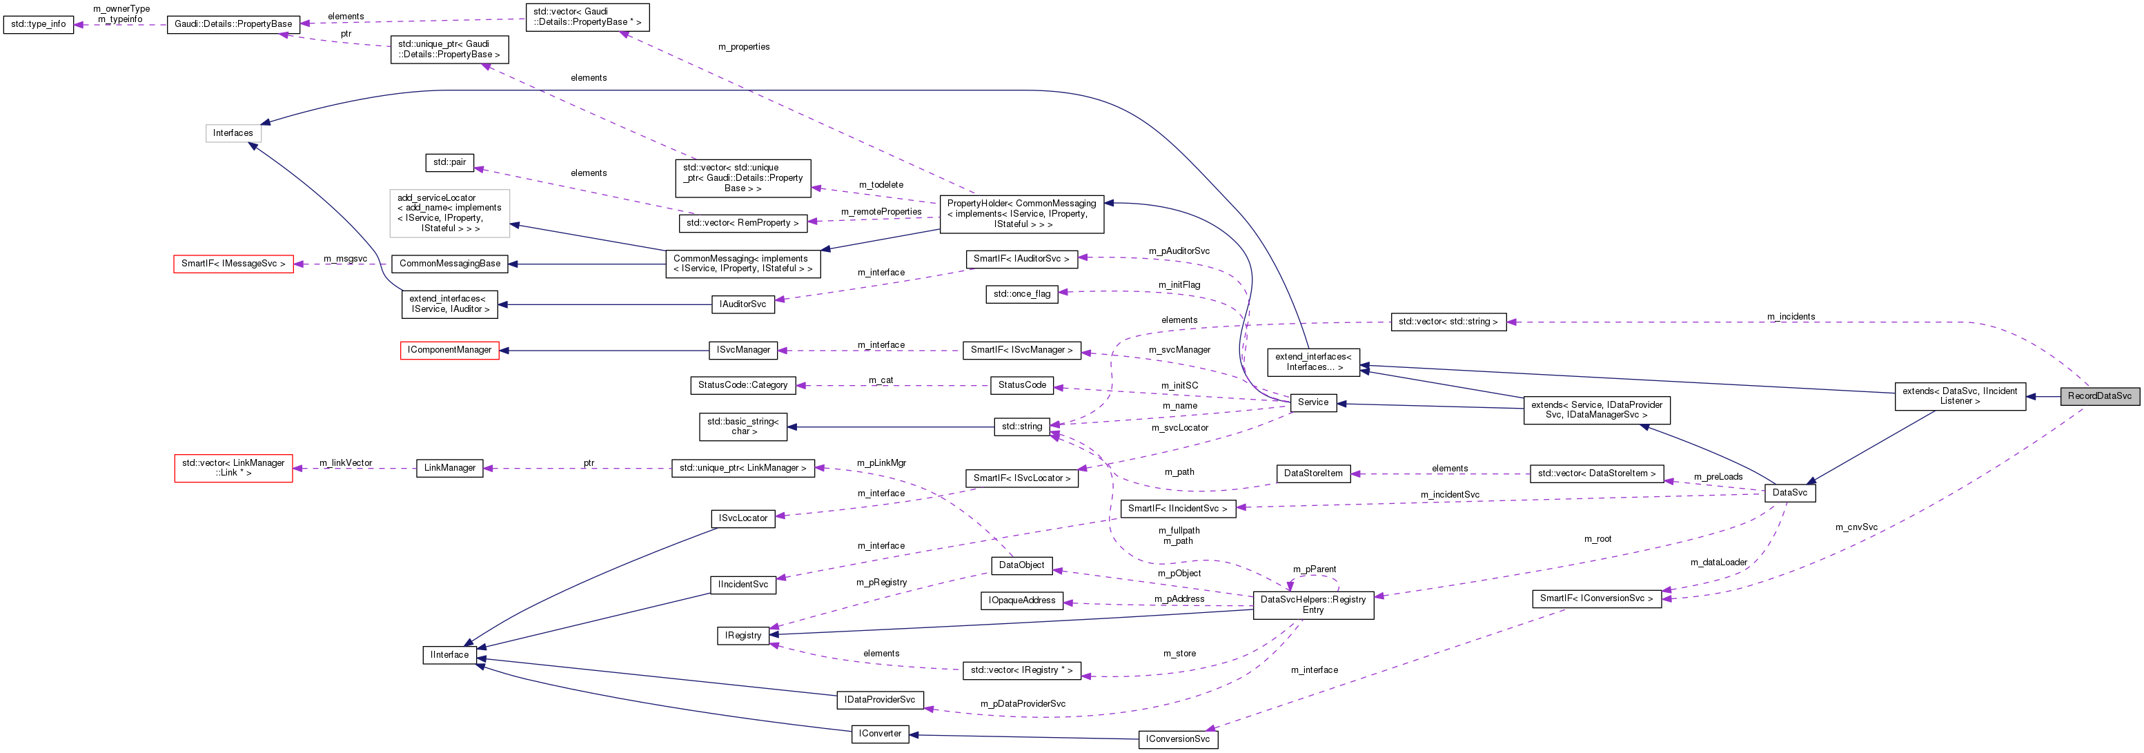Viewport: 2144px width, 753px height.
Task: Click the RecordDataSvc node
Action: pyautogui.click(x=2098, y=396)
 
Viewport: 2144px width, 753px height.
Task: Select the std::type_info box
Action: pyautogui.click(x=38, y=24)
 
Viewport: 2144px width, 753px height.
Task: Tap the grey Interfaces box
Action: pyautogui.click(x=233, y=133)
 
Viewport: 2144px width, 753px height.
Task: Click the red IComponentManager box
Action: pyautogui.click(x=449, y=351)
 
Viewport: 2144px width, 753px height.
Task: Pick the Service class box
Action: pyautogui.click(x=1312, y=402)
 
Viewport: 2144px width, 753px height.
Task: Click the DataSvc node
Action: pyautogui.click(x=1789, y=493)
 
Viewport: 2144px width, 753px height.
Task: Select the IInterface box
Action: pyautogui.click(x=449, y=655)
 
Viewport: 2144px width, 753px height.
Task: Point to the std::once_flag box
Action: pyautogui.click(x=1021, y=294)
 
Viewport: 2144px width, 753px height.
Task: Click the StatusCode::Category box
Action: pyautogui.click(x=742, y=385)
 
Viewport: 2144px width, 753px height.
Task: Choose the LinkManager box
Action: pyautogui.click(x=449, y=469)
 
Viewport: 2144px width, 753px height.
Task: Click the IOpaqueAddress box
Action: pyautogui.click(x=1021, y=600)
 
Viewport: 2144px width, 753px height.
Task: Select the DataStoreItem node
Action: pyautogui.click(x=1312, y=473)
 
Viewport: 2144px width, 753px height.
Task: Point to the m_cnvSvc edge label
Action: pyautogui.click(x=1856, y=527)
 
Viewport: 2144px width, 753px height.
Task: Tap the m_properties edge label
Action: pyautogui.click(x=743, y=48)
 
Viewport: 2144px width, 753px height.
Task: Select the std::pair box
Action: pyautogui.click(x=449, y=162)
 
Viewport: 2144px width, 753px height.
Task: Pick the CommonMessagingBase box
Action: pyautogui.click(x=449, y=264)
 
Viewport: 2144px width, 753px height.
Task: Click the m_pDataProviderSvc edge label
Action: pyautogui.click(x=1022, y=704)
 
